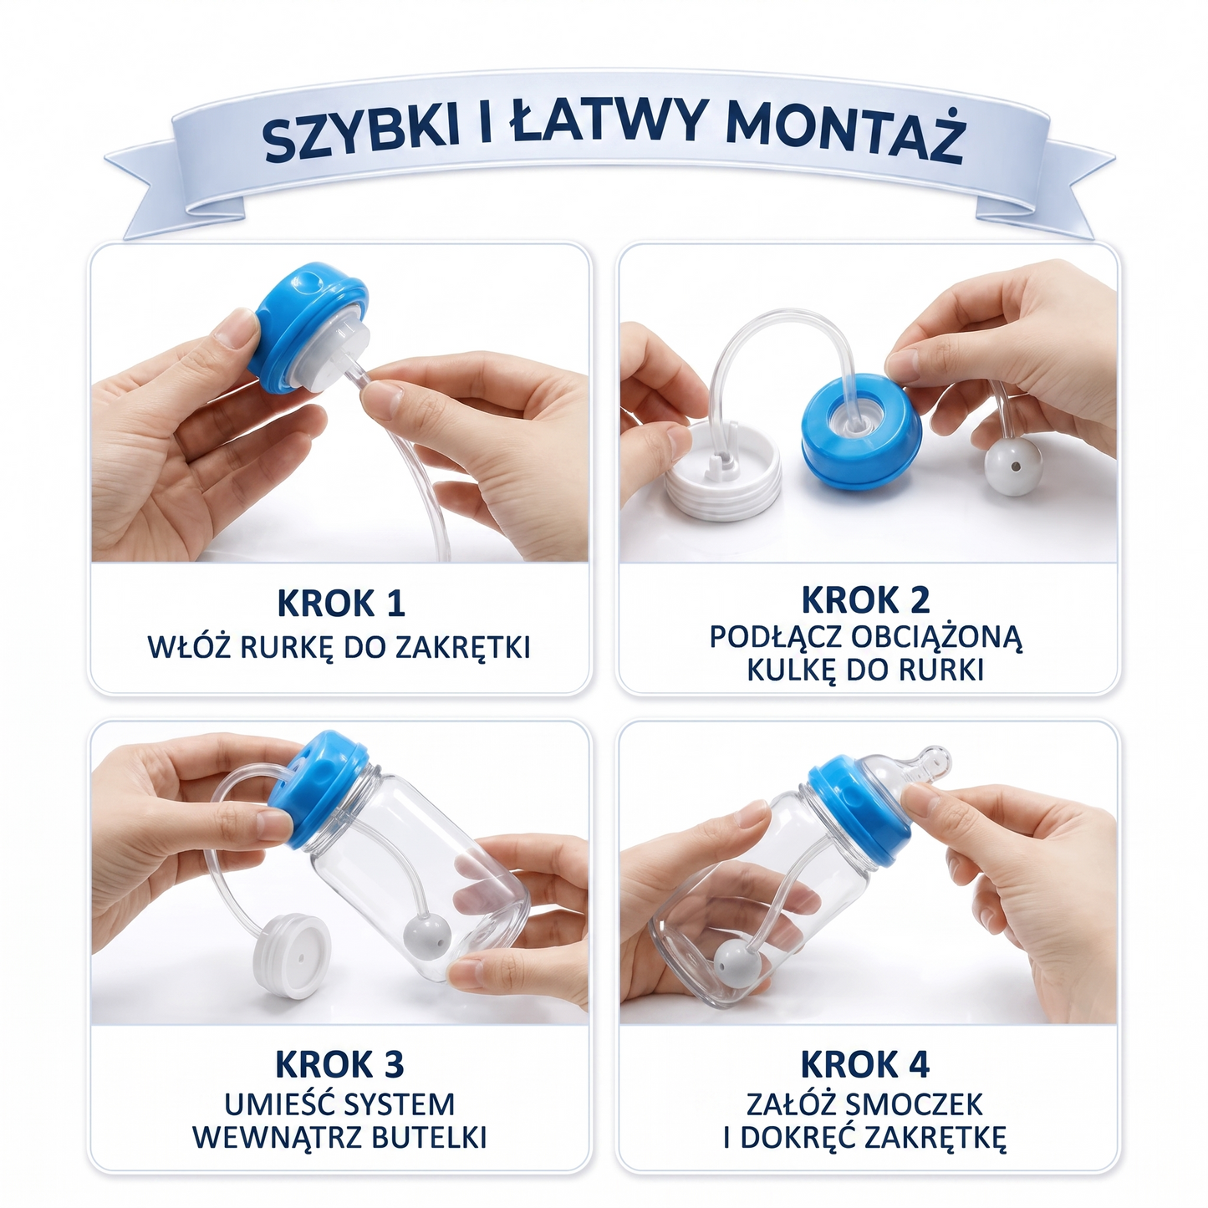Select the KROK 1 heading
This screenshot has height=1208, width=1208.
(x=341, y=603)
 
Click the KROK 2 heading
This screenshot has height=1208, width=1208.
(x=865, y=599)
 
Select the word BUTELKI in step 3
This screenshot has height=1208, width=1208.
(x=430, y=1138)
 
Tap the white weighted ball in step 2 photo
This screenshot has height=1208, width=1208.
(x=1013, y=467)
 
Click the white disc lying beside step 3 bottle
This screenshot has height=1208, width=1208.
(x=292, y=955)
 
